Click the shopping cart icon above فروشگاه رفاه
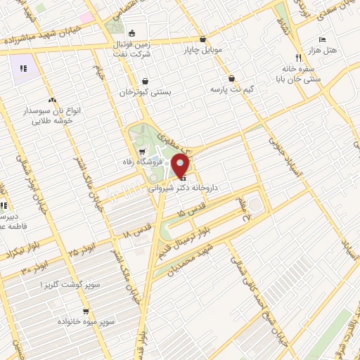pos(142,151)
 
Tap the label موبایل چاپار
pos(203,50)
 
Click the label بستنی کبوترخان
pos(146,91)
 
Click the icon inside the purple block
pos(22,68)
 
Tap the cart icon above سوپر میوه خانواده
pos(86,311)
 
